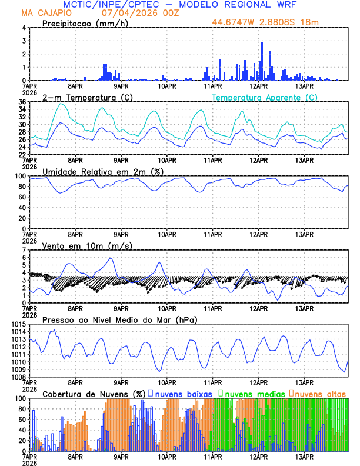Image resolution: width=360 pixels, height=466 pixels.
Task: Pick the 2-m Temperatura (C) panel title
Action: click(x=84, y=97)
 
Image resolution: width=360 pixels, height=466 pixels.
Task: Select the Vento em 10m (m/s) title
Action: click(x=87, y=245)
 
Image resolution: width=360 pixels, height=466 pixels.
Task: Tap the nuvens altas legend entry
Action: click(x=321, y=393)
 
